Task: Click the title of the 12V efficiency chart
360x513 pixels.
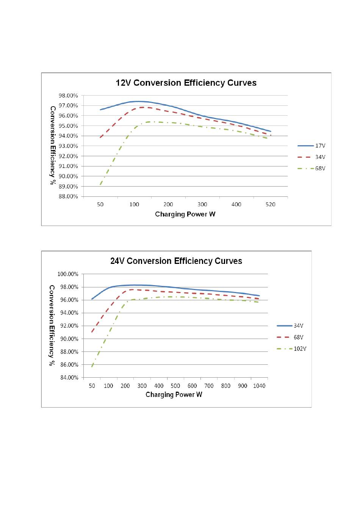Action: tap(186, 83)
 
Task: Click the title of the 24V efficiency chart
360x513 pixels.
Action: tap(176, 261)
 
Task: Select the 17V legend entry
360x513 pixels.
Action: tap(311, 146)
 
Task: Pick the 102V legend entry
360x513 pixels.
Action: tap(291, 348)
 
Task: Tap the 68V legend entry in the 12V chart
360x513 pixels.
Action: tap(311, 168)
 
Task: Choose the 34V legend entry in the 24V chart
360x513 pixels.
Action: tap(290, 326)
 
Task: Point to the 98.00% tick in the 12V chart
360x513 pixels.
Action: tap(68, 96)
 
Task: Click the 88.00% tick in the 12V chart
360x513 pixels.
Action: tap(68, 196)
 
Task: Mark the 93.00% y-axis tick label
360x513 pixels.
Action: tap(68, 146)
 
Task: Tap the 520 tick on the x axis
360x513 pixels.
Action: tap(270, 204)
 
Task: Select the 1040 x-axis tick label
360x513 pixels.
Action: tap(259, 386)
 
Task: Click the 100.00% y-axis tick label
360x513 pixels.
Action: tap(68, 274)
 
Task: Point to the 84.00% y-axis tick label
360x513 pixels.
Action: tap(69, 377)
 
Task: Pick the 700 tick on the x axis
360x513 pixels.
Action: tap(209, 386)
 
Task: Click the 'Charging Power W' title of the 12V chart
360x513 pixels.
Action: tap(185, 214)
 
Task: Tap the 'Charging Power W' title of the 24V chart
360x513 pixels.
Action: tap(174, 394)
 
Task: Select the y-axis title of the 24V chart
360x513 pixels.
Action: tap(52, 325)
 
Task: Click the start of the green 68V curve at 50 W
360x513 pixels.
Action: tap(100, 184)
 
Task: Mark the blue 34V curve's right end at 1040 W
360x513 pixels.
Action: tap(259, 296)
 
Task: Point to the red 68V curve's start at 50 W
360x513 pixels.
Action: tap(92, 332)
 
